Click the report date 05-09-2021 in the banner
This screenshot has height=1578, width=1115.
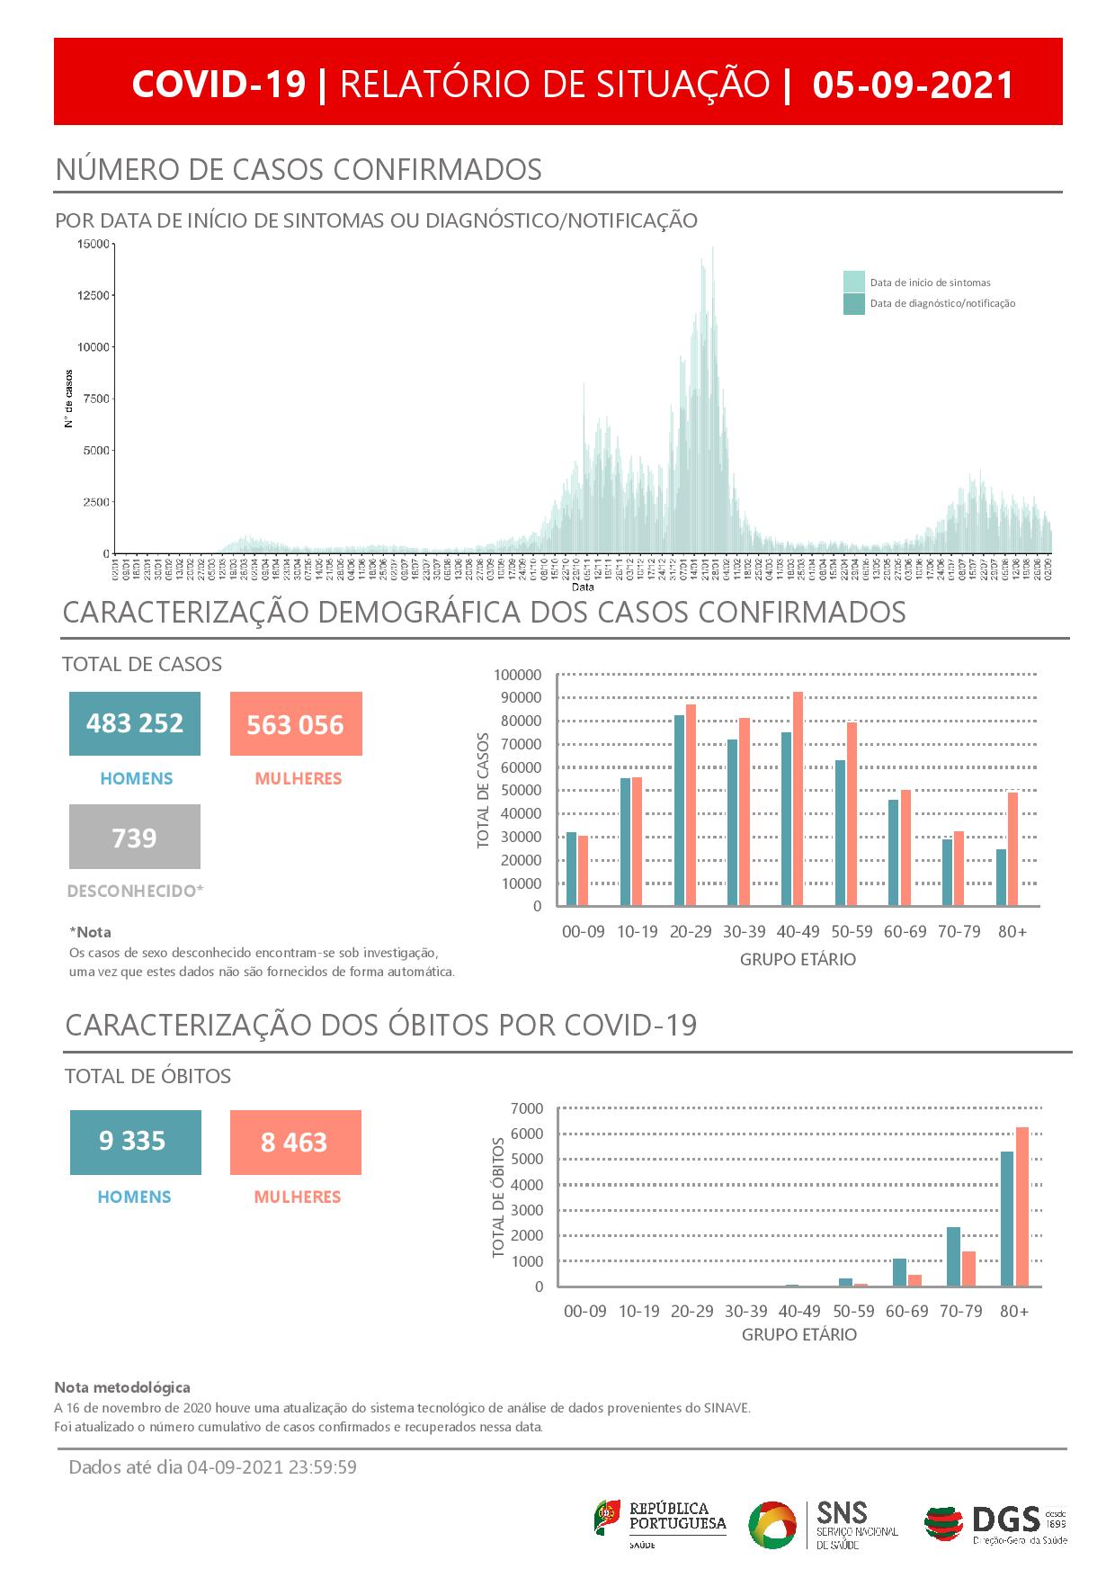click(x=913, y=85)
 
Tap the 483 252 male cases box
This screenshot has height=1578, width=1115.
click(x=135, y=723)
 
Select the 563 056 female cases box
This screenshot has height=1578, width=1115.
click(x=296, y=724)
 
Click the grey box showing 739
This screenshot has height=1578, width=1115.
click(x=135, y=838)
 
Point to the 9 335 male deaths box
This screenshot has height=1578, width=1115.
click(x=135, y=1142)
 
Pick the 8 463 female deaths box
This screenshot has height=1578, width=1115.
click(x=295, y=1143)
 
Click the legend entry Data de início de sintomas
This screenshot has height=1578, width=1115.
click(x=930, y=282)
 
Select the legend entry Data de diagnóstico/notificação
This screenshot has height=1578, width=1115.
click(x=941, y=304)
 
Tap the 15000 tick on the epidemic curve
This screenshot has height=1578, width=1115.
click(x=93, y=244)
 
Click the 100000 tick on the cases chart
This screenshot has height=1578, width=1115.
click(x=517, y=675)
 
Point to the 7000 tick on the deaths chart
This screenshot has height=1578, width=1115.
click(x=526, y=1107)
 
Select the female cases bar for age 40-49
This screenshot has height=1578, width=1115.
click(x=798, y=799)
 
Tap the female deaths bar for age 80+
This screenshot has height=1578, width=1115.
click(x=1021, y=1206)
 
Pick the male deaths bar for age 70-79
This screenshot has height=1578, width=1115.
click(x=953, y=1257)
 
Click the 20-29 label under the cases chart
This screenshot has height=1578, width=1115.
click(x=691, y=932)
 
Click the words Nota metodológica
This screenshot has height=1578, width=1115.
click(x=122, y=1388)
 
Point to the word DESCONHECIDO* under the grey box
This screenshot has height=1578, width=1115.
click(x=136, y=892)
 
